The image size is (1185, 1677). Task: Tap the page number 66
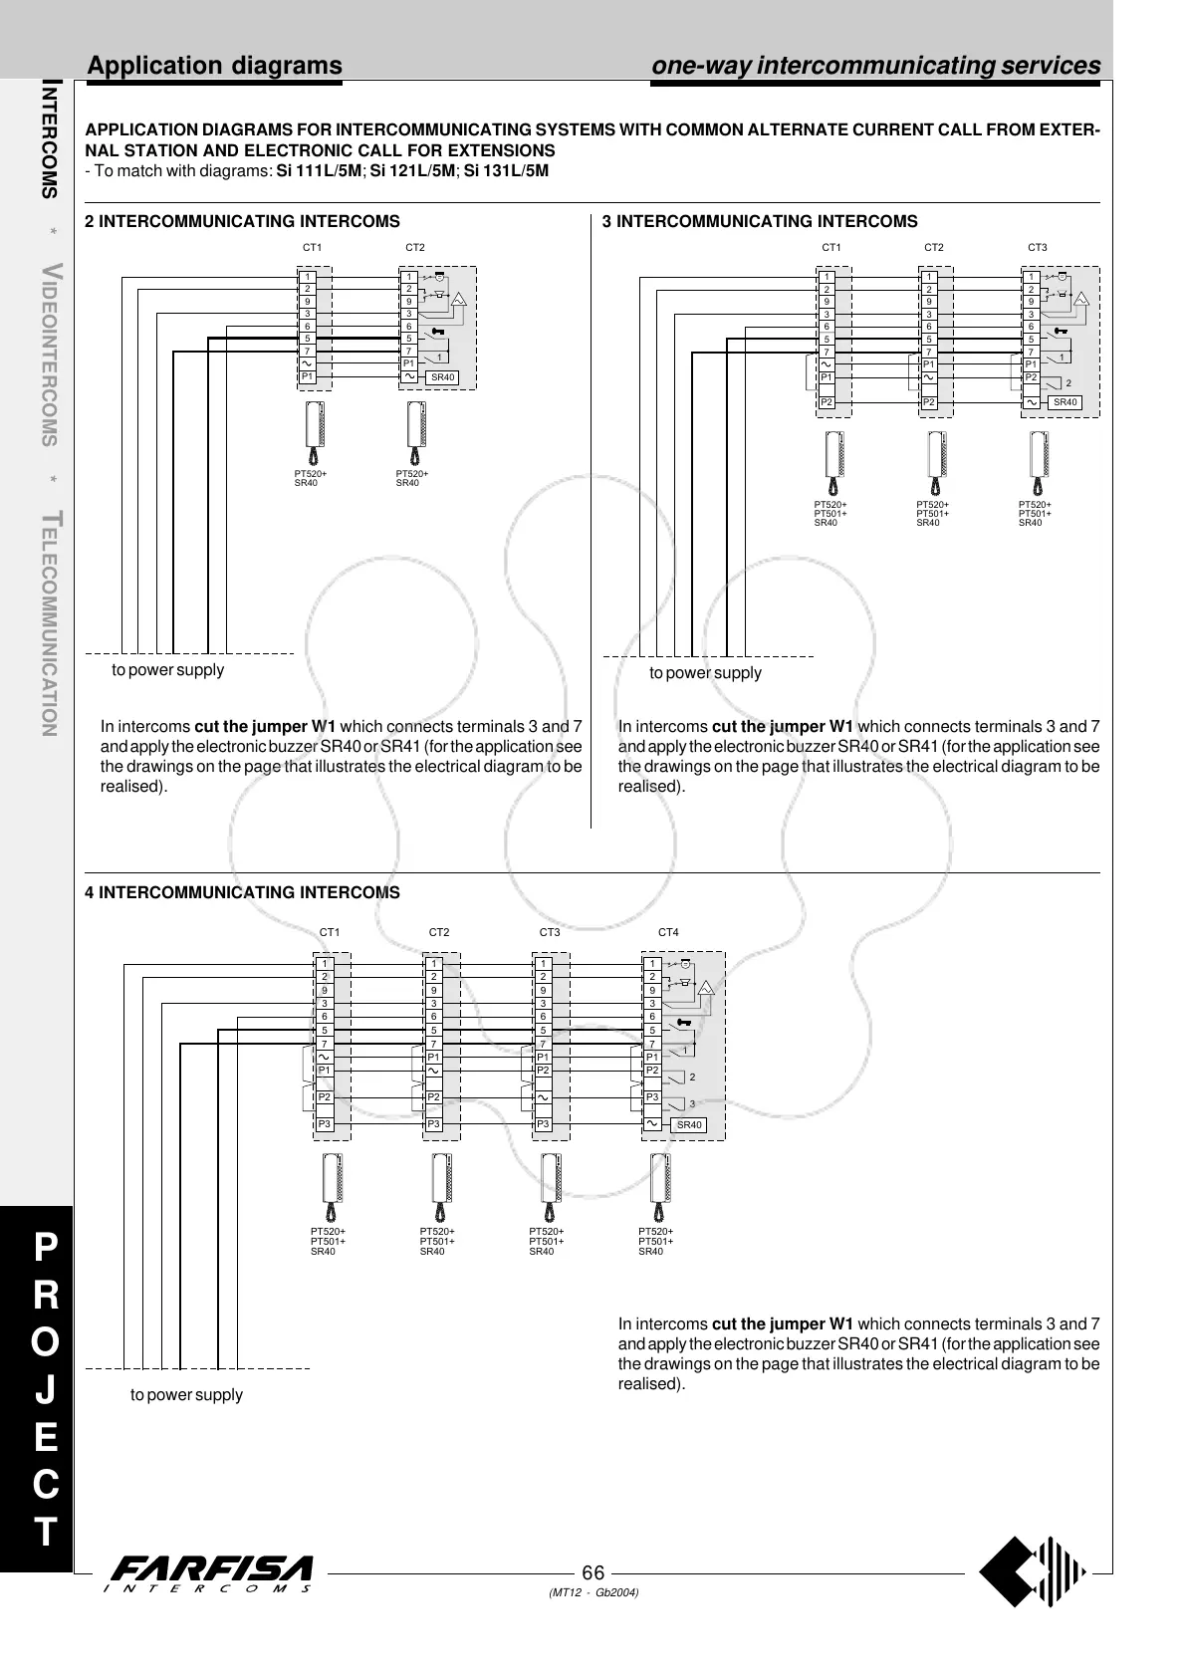(x=593, y=1573)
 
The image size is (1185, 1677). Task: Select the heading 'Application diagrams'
(x=215, y=66)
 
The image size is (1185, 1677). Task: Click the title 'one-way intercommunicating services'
(x=876, y=66)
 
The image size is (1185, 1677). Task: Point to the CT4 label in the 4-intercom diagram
(x=668, y=933)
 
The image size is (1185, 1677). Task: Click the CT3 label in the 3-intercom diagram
(x=1038, y=247)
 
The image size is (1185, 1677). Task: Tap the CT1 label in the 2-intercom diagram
(x=312, y=247)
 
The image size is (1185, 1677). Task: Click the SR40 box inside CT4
(x=689, y=1125)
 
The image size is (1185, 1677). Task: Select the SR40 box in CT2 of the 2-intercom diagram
(x=442, y=377)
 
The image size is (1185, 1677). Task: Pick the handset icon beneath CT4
(x=659, y=1186)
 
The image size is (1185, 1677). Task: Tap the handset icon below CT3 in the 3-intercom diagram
(x=1038, y=463)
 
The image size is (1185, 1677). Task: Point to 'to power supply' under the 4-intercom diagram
(x=186, y=1395)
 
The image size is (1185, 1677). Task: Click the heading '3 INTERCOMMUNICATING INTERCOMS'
(x=760, y=221)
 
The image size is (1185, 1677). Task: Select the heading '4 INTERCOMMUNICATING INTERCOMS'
(x=243, y=892)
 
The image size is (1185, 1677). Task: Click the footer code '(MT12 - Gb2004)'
(x=593, y=1592)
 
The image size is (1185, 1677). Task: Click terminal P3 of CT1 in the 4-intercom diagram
(x=325, y=1124)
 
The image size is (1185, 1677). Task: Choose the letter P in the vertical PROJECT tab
(x=46, y=1246)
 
